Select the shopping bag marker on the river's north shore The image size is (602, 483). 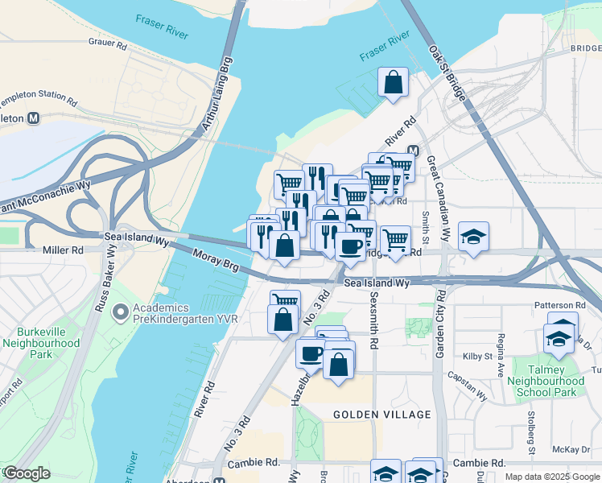point(394,82)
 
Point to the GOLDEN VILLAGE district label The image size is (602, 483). point(382,415)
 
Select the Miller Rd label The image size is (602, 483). point(66,250)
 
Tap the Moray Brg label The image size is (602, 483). point(216,262)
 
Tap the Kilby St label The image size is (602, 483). point(479,356)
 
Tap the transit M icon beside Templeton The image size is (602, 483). point(34,118)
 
